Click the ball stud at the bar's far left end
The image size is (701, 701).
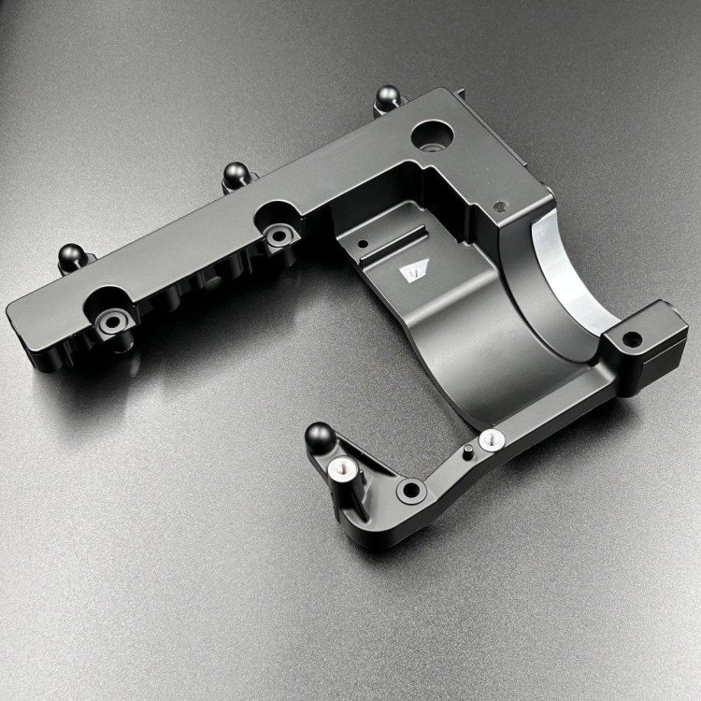72,253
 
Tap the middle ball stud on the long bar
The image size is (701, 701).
235,173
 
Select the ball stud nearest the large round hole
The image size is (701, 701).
386,96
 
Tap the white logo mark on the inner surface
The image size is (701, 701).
411,271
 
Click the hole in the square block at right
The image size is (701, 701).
633,338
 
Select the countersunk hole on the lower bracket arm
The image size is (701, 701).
408,489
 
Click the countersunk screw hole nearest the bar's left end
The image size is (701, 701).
112,322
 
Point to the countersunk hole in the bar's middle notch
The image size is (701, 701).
277,236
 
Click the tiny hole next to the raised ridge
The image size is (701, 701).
360,249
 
